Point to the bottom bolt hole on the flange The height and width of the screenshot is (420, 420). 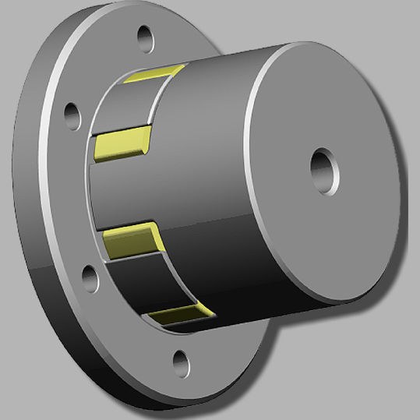pyautogui.click(x=181, y=360)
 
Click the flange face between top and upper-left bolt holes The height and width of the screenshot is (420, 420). pyautogui.click(x=101, y=70)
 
